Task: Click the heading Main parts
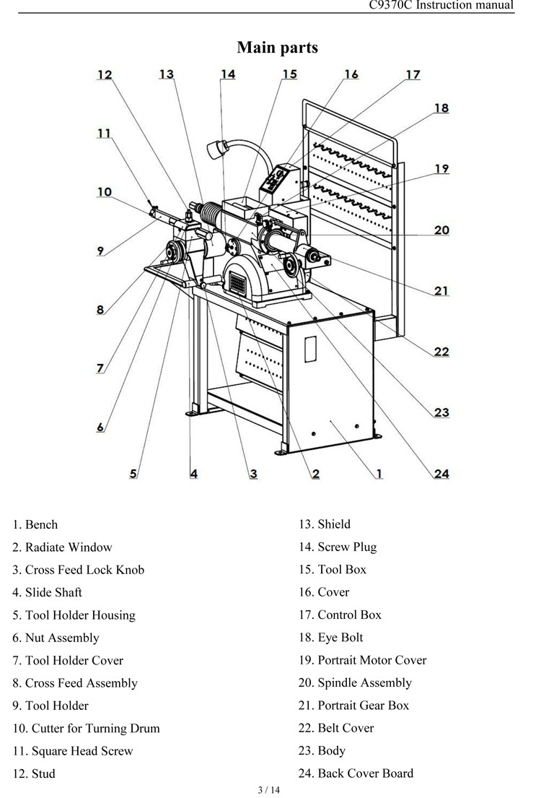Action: (x=277, y=48)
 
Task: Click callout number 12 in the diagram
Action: (x=105, y=74)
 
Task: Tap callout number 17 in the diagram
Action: (x=413, y=74)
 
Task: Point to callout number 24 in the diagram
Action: (x=441, y=474)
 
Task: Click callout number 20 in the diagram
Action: (x=441, y=230)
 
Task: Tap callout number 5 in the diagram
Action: (x=133, y=474)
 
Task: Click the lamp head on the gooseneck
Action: (x=215, y=150)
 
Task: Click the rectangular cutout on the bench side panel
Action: (x=311, y=348)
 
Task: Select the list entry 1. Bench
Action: (x=35, y=525)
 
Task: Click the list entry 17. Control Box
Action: (x=340, y=615)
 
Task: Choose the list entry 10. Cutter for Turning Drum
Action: (x=86, y=728)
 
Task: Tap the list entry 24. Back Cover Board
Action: (x=356, y=773)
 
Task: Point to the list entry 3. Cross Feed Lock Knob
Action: (x=78, y=570)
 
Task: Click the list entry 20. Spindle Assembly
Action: (x=355, y=682)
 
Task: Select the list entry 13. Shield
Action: (x=325, y=524)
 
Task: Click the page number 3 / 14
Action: (x=268, y=789)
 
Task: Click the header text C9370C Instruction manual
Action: (x=441, y=5)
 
